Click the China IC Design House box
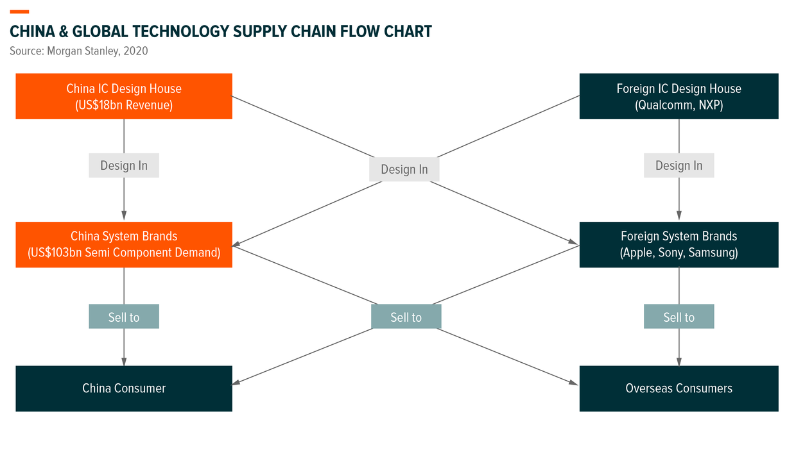point(124,96)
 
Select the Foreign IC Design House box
point(679,96)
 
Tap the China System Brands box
point(124,244)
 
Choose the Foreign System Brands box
point(679,244)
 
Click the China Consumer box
point(124,388)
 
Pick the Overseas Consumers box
point(679,388)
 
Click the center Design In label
point(404,169)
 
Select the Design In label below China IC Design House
point(124,165)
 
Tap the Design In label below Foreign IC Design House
point(679,165)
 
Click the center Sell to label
point(406,317)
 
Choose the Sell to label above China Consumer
point(124,317)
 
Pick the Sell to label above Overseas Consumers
point(679,317)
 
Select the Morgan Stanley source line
point(78,51)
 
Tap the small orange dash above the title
point(19,12)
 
